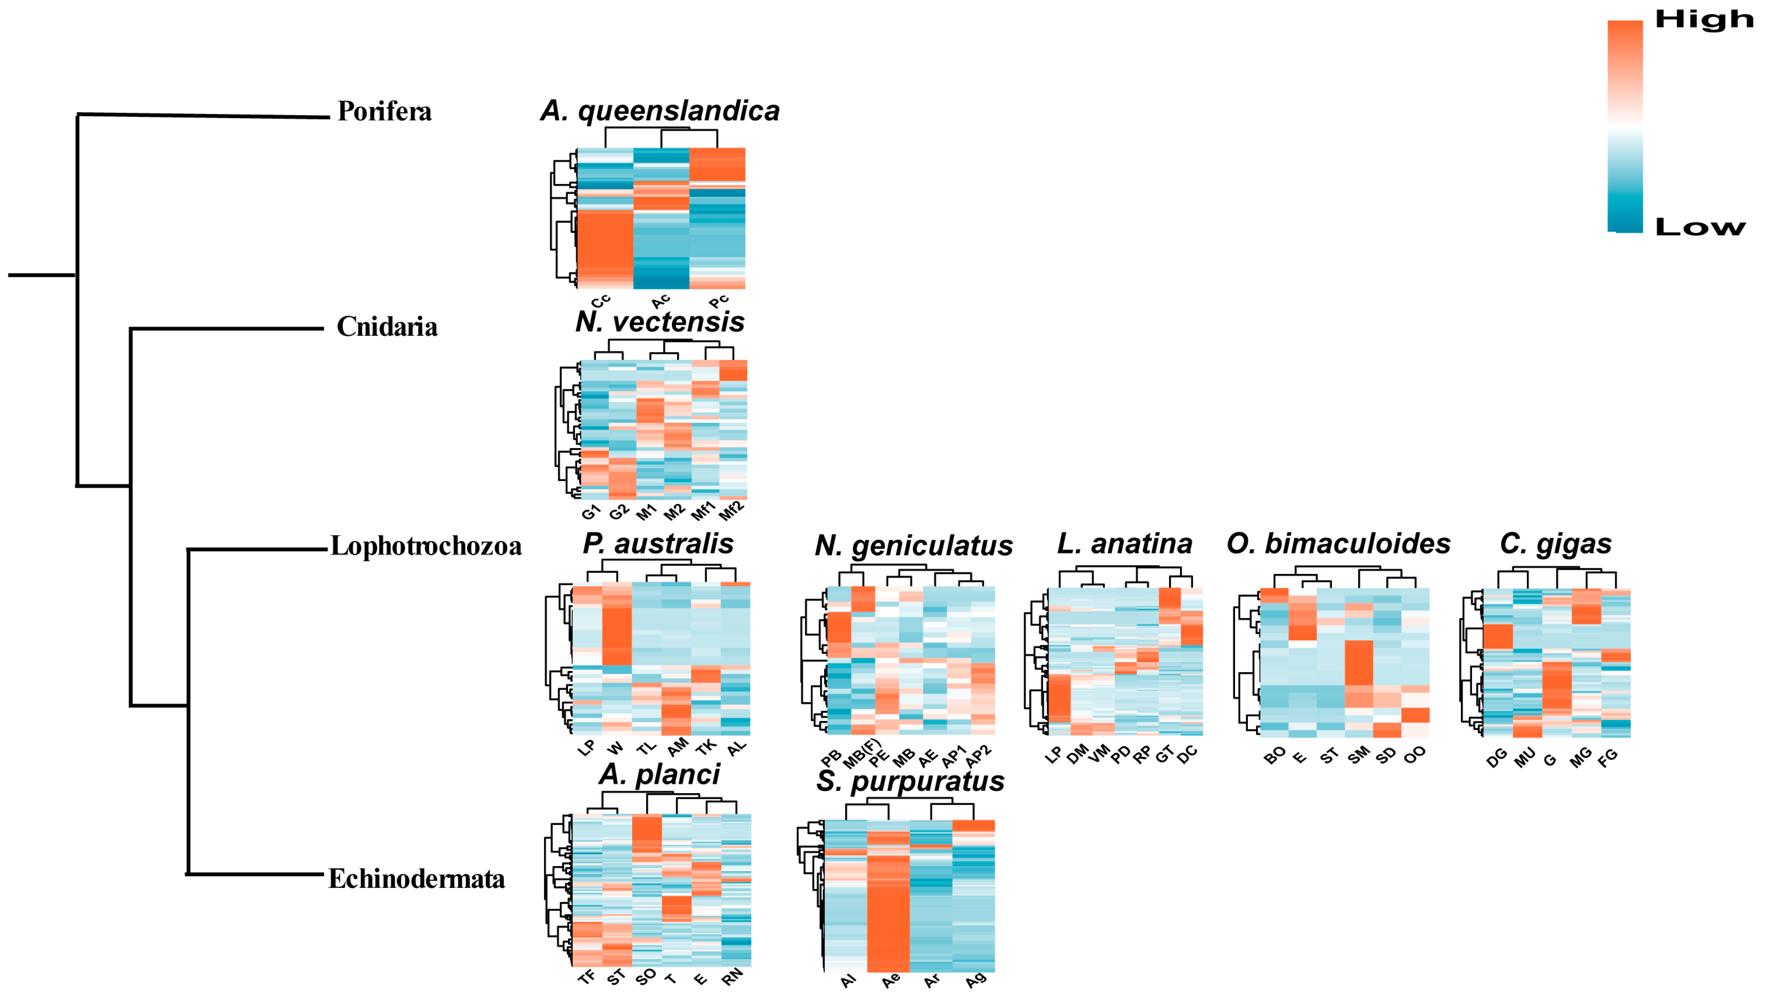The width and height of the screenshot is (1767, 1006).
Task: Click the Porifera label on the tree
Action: (x=384, y=111)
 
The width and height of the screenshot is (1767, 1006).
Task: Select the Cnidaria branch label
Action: (x=387, y=327)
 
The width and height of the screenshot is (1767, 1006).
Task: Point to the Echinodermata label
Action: (x=417, y=879)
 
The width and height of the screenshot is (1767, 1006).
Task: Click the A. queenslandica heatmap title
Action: (x=660, y=111)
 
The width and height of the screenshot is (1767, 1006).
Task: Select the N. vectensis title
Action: (x=660, y=322)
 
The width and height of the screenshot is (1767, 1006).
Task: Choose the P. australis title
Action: (x=658, y=544)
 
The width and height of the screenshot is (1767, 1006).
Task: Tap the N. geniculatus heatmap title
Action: (x=914, y=546)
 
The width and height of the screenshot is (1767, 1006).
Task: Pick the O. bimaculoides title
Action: (x=1338, y=544)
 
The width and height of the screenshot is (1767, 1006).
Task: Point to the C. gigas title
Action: (x=1555, y=544)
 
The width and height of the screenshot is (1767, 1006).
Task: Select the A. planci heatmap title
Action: (x=659, y=774)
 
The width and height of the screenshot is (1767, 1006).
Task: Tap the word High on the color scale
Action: (x=1704, y=19)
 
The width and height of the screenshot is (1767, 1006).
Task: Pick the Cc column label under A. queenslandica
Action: (x=600, y=301)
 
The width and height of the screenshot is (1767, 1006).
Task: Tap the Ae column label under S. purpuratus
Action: (x=891, y=980)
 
